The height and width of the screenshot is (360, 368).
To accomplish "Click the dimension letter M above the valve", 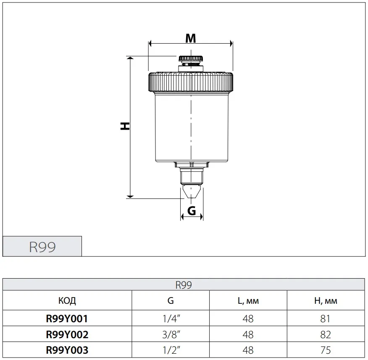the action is (191, 38).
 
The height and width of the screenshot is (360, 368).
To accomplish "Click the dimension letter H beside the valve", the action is (125, 126).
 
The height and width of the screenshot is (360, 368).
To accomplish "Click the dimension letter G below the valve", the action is (192, 211).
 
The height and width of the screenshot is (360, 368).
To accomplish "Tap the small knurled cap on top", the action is (191, 59).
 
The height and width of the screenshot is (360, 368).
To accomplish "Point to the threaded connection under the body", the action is (192, 176).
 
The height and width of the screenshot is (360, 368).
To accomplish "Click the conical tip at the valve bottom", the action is (192, 191).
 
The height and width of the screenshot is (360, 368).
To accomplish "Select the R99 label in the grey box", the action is (42, 247).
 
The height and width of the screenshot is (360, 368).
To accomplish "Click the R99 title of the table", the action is (184, 285).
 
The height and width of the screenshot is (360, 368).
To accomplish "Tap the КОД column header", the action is (67, 301).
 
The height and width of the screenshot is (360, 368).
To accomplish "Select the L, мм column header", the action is (248, 301).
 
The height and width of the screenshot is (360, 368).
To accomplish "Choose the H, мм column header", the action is (326, 301).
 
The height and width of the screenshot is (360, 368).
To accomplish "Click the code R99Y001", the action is (67, 319).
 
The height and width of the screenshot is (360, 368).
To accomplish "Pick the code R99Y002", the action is (67, 334).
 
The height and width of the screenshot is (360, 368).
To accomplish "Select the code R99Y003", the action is (67, 350).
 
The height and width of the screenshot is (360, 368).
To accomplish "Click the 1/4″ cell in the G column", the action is (171, 319).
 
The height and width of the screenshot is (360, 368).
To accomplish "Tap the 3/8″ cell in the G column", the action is (171, 334).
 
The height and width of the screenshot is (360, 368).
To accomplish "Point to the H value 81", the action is (325, 319).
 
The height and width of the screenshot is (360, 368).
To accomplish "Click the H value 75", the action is (326, 350).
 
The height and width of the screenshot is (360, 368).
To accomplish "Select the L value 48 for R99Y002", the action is (248, 334).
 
